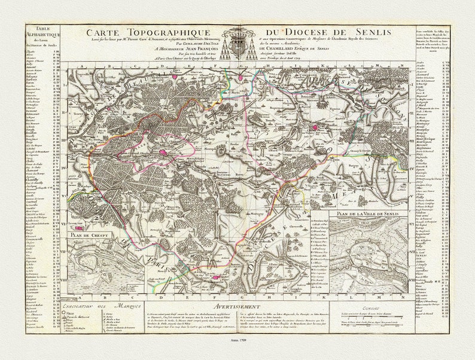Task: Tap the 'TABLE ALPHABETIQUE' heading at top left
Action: tap(44, 36)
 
